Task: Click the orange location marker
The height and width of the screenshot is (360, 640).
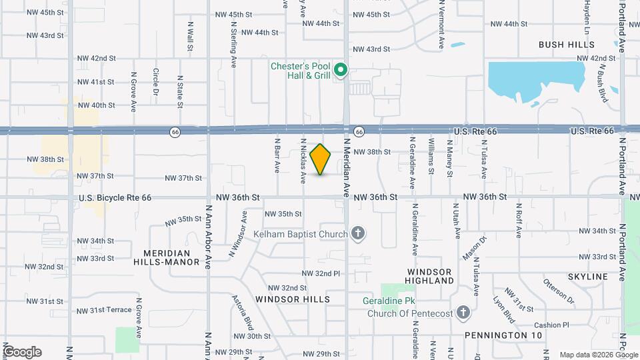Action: [x=321, y=159]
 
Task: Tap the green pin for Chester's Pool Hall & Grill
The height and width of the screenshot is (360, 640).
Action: [x=341, y=69]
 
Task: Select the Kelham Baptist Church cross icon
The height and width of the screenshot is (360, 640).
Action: [x=358, y=233]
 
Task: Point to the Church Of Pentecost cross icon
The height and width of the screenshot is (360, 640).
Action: [x=463, y=313]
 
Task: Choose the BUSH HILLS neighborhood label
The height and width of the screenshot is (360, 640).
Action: [x=567, y=45]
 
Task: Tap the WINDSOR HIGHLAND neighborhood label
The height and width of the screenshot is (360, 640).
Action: [x=430, y=276]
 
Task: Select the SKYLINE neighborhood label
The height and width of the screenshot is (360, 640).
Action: [x=587, y=276]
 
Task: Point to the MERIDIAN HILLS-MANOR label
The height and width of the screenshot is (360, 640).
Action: [x=171, y=257]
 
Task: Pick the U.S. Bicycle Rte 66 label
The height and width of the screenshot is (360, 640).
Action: [x=115, y=198]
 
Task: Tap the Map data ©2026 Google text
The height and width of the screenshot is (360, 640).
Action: [x=598, y=355]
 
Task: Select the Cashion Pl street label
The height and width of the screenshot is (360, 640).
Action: [x=555, y=325]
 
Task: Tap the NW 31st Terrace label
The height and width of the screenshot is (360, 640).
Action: [x=104, y=311]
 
